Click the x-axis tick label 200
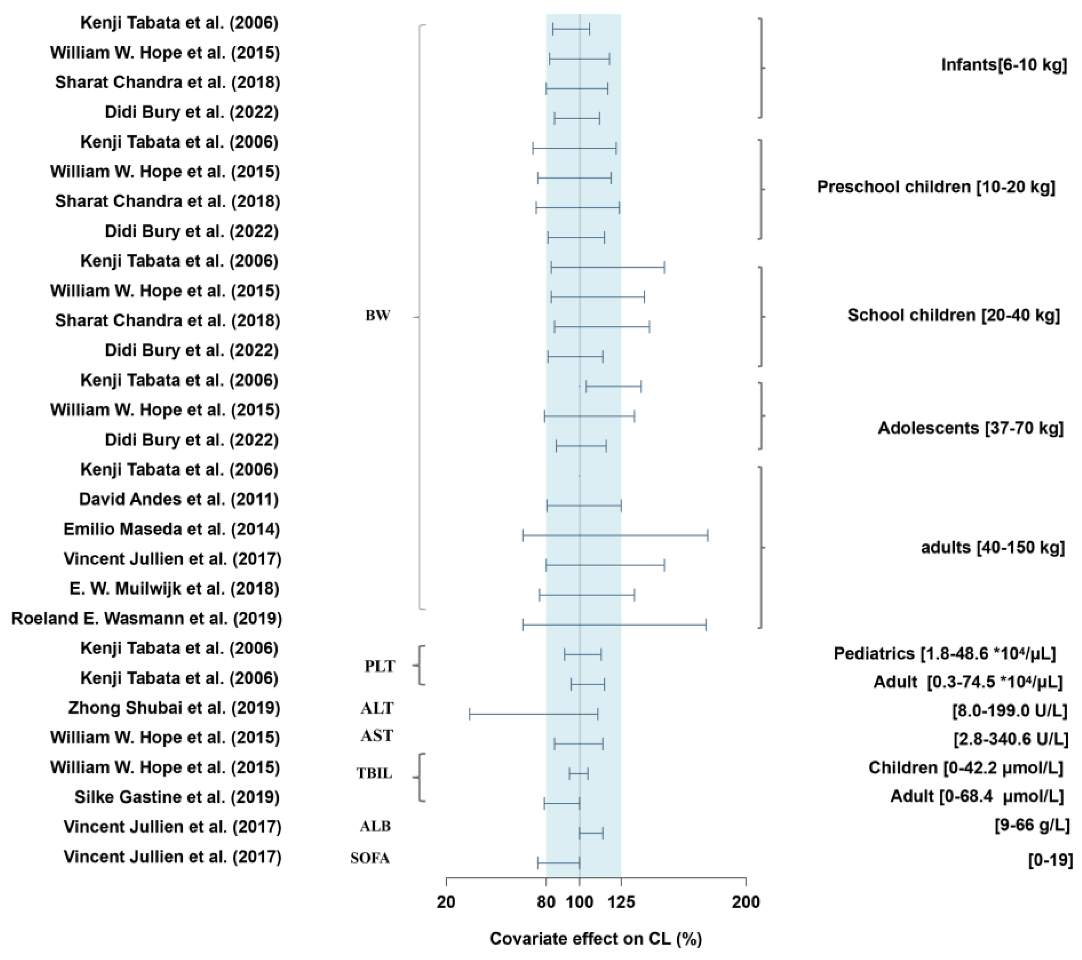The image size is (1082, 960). tap(745, 902)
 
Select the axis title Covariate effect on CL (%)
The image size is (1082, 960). tap(596, 938)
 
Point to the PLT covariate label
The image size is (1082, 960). tap(380, 666)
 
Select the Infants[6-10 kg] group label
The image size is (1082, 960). tap(1004, 65)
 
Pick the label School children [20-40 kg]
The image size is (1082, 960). tap(953, 315)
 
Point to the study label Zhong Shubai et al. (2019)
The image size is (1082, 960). tap(174, 708)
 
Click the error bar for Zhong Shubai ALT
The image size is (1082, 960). tap(533, 714)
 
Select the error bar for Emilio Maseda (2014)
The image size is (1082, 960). tap(615, 535)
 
